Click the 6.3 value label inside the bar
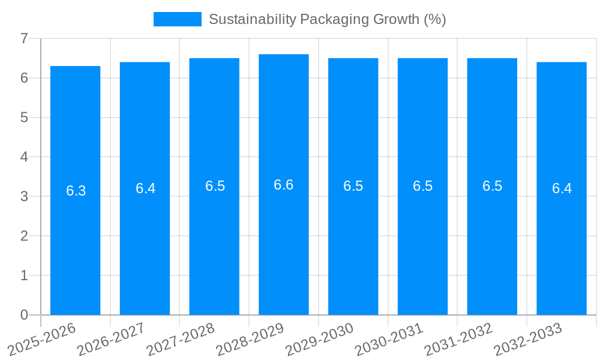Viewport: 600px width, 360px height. [76, 191]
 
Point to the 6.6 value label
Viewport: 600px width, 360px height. [284, 185]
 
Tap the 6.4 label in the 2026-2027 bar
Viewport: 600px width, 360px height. [145, 188]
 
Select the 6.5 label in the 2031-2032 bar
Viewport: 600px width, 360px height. [492, 186]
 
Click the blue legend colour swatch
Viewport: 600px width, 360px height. [177, 19]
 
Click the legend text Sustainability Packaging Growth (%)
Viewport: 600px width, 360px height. [327, 19]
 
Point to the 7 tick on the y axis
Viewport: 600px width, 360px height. [24, 38]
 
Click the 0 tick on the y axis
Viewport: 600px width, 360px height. [24, 315]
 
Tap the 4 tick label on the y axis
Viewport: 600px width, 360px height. [24, 157]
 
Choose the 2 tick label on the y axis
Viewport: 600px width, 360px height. [24, 236]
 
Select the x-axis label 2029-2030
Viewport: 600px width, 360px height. [320, 338]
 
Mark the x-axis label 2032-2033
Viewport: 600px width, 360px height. [528, 338]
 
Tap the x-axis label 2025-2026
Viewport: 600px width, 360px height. [42, 338]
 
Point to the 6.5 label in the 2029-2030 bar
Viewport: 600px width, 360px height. [353, 186]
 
